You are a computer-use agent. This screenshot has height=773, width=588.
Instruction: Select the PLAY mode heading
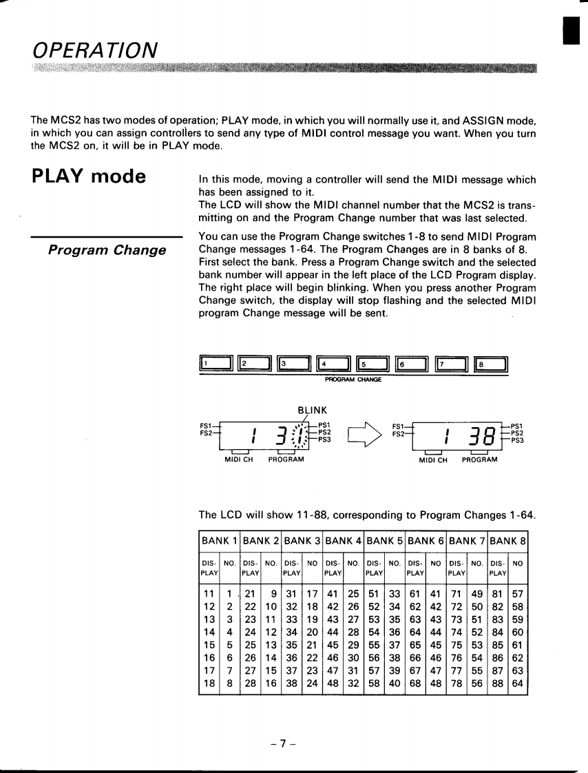click(89, 177)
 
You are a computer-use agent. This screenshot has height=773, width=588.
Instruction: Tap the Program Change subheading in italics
click(107, 249)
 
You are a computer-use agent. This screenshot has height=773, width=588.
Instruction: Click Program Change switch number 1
click(216, 364)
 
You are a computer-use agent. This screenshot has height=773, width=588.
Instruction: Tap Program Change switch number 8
click(491, 364)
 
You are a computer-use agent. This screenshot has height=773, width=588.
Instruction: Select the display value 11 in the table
click(208, 593)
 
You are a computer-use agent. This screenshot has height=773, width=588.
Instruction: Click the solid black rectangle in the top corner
click(568, 31)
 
